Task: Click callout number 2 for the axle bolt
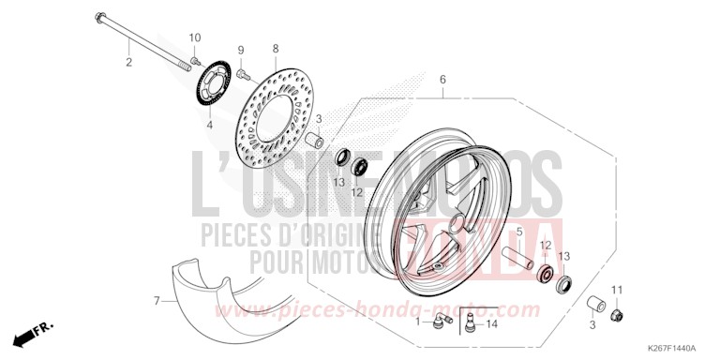pyautogui.click(x=129, y=63)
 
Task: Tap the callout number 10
pyautogui.click(x=195, y=37)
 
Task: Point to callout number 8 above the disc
pyautogui.click(x=276, y=47)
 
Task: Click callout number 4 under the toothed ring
pyautogui.click(x=209, y=123)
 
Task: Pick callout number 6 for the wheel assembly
pyautogui.click(x=442, y=80)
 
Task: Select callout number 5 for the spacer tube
pyautogui.click(x=519, y=231)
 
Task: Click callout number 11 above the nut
pyautogui.click(x=617, y=287)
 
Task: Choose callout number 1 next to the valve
pyautogui.click(x=418, y=322)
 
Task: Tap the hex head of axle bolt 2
pyautogui.click(x=98, y=17)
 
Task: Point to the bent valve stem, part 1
pyautogui.click(x=438, y=322)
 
